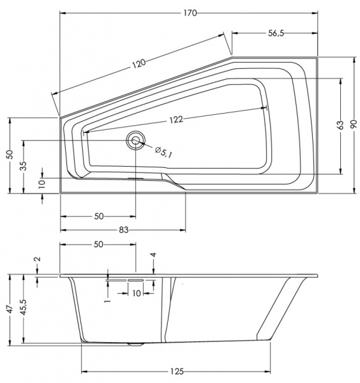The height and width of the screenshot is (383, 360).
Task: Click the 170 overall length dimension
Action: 189,12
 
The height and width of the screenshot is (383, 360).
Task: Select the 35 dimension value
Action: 24,166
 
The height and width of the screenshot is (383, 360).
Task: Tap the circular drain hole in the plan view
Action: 135,140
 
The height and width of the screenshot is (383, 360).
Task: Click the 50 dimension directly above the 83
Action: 98,216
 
